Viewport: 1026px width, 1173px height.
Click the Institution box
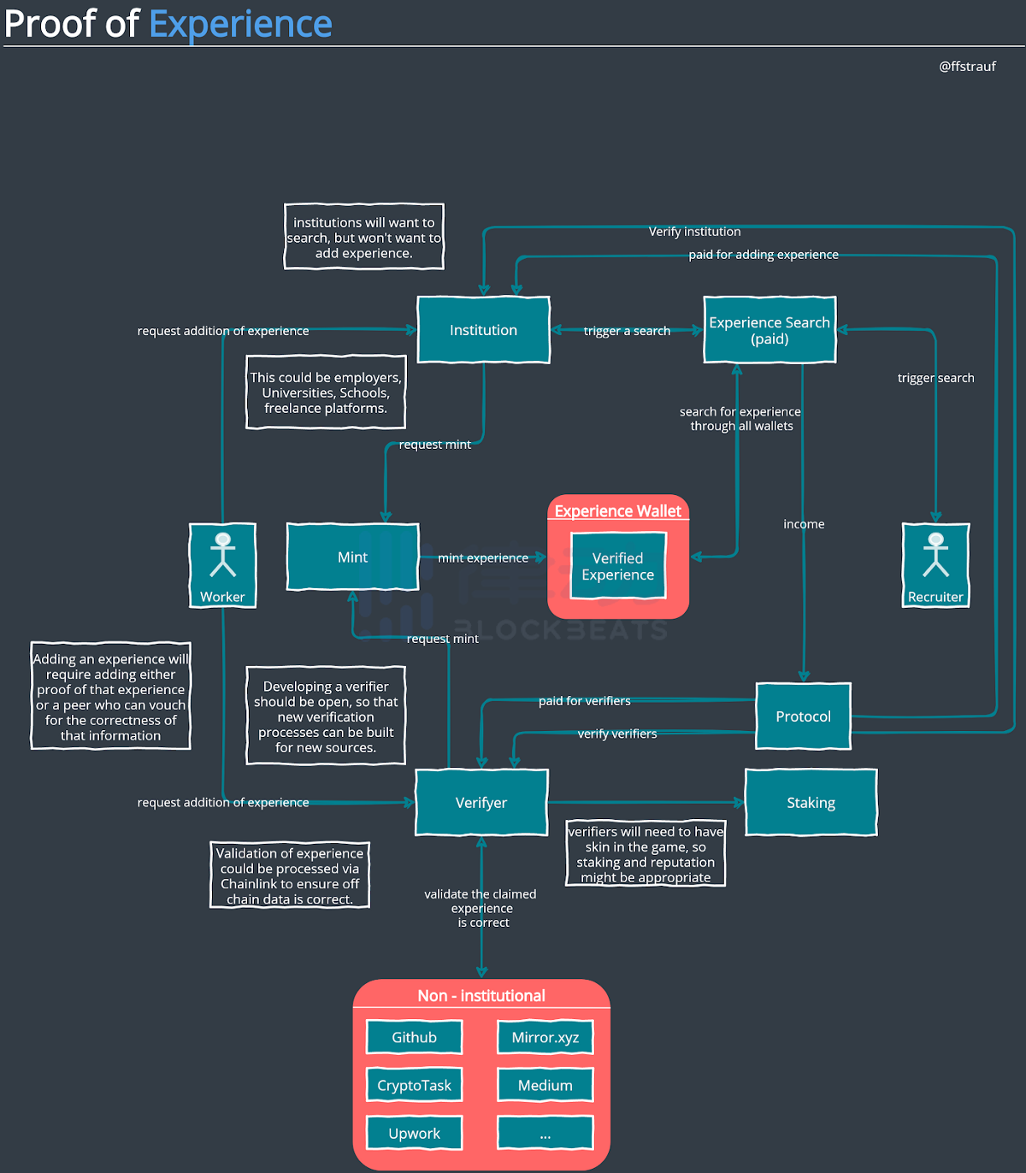pos(483,330)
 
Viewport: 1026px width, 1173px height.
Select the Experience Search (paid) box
pos(769,330)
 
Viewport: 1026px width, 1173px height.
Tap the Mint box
pos(352,557)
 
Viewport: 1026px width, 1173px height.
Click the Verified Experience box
pos(617,566)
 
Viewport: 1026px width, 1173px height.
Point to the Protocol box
pos(803,716)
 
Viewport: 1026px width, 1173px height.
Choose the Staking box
pos(811,803)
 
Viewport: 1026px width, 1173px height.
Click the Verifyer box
pos(481,803)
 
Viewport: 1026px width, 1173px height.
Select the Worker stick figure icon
pos(223,555)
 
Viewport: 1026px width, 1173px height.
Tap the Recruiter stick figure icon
pos(936,555)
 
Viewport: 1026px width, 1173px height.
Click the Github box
pos(414,1037)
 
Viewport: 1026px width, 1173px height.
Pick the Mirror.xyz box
pos(545,1037)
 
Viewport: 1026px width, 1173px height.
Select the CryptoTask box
pos(414,1085)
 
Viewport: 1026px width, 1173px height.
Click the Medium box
pos(545,1085)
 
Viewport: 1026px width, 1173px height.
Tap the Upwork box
pos(414,1134)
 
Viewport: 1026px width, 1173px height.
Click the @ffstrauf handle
pos(967,67)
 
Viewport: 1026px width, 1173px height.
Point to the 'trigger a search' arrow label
pos(627,331)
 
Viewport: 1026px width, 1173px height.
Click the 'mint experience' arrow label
pos(483,558)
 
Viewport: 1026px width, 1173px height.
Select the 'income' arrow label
pos(804,524)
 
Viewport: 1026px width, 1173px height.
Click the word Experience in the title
pos(240,24)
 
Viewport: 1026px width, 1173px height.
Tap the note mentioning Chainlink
pos(290,875)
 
